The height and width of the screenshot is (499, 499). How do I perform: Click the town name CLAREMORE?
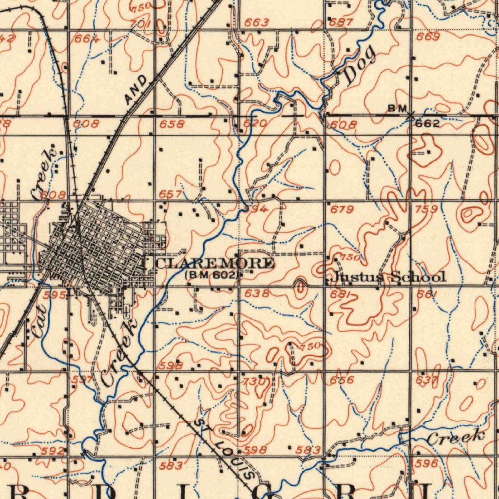[215, 264]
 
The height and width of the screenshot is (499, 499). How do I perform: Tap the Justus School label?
[389, 277]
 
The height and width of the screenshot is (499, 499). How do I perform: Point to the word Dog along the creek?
[360, 64]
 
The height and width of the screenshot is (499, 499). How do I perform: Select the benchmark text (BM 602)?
[212, 275]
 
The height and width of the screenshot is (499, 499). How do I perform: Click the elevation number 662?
[427, 124]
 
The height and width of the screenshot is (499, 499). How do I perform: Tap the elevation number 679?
[342, 210]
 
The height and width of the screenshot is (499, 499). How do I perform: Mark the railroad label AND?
[135, 90]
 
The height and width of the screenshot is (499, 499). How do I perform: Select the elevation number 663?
[256, 22]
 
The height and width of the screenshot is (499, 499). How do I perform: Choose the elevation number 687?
[341, 22]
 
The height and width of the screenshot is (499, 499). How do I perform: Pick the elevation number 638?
[257, 293]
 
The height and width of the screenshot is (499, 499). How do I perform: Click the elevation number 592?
[53, 451]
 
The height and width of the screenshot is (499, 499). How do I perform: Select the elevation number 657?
[171, 194]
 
